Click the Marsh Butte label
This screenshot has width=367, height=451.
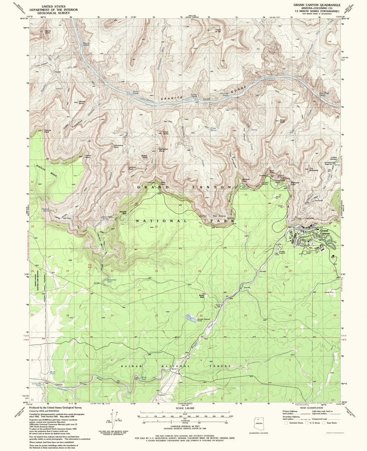[48, 32]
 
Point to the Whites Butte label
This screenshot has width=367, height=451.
[82, 102]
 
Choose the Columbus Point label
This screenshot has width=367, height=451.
[118, 146]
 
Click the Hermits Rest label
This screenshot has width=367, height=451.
[123, 212]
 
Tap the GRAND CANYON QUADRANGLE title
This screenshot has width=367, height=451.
[317, 5]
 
